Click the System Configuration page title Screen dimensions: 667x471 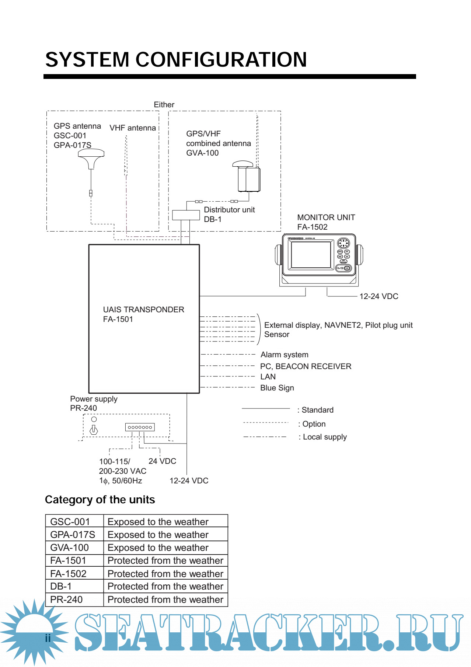176,60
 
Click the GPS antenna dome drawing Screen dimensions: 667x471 91,157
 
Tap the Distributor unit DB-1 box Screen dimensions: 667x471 186,215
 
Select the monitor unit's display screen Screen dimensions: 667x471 311,254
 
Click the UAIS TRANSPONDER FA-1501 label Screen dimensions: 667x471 143,314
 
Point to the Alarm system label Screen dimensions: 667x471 284,355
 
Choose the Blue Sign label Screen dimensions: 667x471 277,388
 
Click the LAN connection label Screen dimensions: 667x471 268,377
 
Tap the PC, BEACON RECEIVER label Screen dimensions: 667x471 306,366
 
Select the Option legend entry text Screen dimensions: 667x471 313,424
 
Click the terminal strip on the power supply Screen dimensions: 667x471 140,427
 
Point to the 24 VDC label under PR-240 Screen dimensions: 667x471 162,461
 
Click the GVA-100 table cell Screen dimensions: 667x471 70,548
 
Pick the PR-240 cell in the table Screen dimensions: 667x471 67,600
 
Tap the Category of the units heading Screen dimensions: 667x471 100,500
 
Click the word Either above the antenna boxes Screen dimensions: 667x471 164,105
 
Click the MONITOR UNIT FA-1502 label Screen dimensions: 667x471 326,222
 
